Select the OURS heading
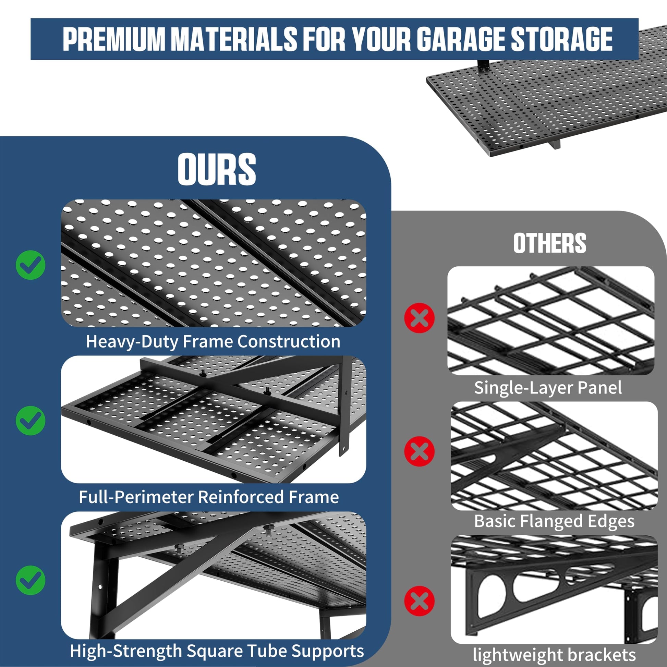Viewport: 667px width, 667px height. click(x=217, y=170)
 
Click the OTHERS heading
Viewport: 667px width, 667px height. click(x=550, y=243)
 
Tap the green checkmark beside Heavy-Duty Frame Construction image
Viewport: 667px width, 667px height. click(x=31, y=265)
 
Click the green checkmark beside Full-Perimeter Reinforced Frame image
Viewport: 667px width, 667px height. click(x=31, y=421)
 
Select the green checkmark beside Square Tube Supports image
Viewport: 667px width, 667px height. click(x=31, y=580)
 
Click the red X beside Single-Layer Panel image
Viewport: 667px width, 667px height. click(x=420, y=318)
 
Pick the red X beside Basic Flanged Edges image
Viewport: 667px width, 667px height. click(x=420, y=451)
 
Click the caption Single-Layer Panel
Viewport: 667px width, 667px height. click(x=548, y=388)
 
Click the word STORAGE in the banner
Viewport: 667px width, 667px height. click(x=562, y=39)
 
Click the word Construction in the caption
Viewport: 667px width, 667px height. click(x=289, y=341)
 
